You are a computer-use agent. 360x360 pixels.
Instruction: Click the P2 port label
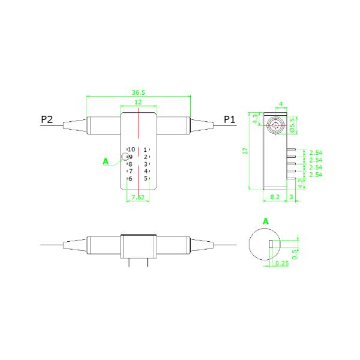[x=47, y=119]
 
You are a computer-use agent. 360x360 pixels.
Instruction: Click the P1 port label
[x=229, y=119]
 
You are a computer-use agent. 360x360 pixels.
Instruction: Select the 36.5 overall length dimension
[x=138, y=92]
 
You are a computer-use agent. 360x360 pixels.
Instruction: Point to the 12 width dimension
[x=138, y=102]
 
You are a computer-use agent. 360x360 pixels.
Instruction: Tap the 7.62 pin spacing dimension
[x=138, y=197]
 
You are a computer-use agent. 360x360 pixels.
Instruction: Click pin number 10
[x=131, y=149]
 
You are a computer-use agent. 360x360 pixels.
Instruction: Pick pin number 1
[x=145, y=150]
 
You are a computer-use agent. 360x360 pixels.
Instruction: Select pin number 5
[x=145, y=178]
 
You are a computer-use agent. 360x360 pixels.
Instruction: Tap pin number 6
[x=130, y=179]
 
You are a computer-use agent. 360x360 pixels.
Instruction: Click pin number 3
[x=145, y=164]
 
